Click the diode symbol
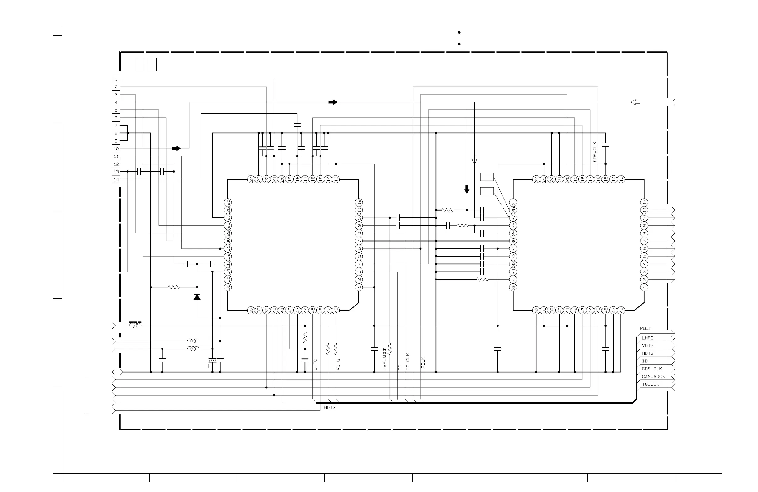(197, 297)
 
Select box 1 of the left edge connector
(116, 79)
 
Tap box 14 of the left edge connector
(116, 179)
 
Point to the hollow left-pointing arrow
(635, 102)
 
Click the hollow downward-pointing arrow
(475, 159)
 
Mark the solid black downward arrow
(467, 189)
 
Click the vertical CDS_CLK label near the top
(595, 152)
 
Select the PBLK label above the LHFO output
(646, 328)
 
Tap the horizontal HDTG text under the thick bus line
(330, 408)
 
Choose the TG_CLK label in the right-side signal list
(650, 384)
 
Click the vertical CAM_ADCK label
(385, 359)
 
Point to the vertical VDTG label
(338, 365)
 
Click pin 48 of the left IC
(336, 310)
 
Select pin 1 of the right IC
(644, 287)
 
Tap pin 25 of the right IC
(513, 202)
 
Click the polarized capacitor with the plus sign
(212, 361)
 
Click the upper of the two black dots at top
(459, 32)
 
